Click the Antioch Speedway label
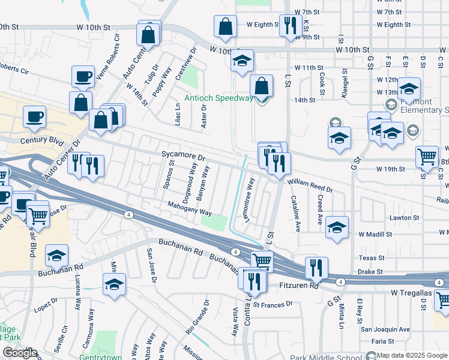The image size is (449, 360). click(218, 98)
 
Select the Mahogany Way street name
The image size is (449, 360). click(190, 212)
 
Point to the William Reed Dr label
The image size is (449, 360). click(310, 185)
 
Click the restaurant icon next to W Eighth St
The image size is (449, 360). click(291, 25)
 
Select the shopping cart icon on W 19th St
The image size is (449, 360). click(427, 157)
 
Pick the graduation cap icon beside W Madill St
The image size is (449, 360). click(337, 228)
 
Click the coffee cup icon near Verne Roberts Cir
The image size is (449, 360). click(83, 76)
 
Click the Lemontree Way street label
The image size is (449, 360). click(249, 208)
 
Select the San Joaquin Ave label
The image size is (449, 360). click(385, 329)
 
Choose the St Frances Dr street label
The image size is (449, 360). click(273, 304)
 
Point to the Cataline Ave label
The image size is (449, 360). click(295, 214)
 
